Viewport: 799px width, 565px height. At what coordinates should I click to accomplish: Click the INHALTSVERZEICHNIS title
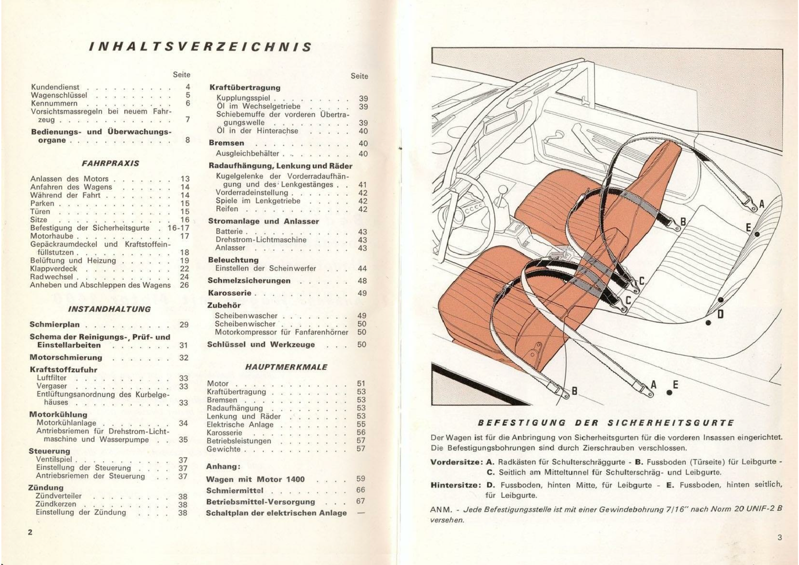[x=200, y=47]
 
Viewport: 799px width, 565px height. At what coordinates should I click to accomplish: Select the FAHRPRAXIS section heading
[x=110, y=164]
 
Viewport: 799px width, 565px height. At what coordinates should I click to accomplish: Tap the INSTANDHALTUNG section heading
[x=109, y=309]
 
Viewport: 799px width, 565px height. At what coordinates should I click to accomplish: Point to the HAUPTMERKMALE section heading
[x=286, y=367]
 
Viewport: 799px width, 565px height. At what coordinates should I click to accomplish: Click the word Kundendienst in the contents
[x=55, y=87]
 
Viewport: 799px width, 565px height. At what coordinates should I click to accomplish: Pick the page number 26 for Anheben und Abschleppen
[x=184, y=285]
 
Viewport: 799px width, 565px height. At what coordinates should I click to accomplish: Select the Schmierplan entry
[x=55, y=325]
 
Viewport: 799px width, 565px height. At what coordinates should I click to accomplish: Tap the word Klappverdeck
[x=54, y=268]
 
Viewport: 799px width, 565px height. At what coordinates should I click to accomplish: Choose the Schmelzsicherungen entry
[x=249, y=281]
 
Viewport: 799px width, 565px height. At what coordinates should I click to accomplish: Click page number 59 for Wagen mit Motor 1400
[x=361, y=479]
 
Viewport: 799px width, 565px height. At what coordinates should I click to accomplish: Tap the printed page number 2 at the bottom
[x=30, y=532]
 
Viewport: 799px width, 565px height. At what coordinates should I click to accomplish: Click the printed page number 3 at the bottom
[x=780, y=537]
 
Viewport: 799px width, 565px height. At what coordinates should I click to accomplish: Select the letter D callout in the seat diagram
[x=720, y=314]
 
